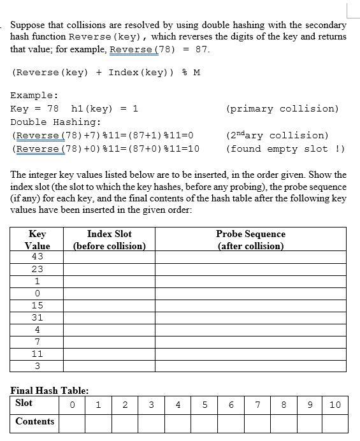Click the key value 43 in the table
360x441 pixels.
pyautogui.click(x=37, y=256)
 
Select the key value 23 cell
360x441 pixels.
pyautogui.click(x=37, y=269)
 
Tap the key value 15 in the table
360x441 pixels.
pyautogui.click(x=37, y=305)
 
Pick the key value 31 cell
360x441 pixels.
pyautogui.click(x=37, y=317)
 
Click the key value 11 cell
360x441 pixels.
pyautogui.click(x=37, y=354)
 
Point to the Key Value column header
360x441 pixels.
pyautogui.click(x=37, y=240)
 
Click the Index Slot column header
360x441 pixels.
pyautogui.click(x=109, y=240)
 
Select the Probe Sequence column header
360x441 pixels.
pyautogui.click(x=250, y=240)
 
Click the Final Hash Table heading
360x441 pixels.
pyautogui.click(x=50, y=390)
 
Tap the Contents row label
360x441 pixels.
pyautogui.click(x=35, y=421)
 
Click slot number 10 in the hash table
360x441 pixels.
pyautogui.click(x=335, y=404)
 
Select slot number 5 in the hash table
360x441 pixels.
pyautogui.click(x=205, y=404)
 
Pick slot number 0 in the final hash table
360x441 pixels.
pyautogui.click(x=72, y=404)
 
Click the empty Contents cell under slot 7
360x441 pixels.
pyautogui.click(x=257, y=422)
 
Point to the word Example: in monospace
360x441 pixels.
pyautogui.click(x=34, y=95)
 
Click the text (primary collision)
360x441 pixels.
pyautogui.click(x=282, y=108)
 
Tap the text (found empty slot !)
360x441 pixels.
pyautogui.click(x=285, y=148)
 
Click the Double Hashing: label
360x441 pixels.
pyautogui.click(x=56, y=122)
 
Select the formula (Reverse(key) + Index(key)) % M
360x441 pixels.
pyautogui.click(x=106, y=72)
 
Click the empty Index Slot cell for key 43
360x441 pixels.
pyautogui.click(x=109, y=256)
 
